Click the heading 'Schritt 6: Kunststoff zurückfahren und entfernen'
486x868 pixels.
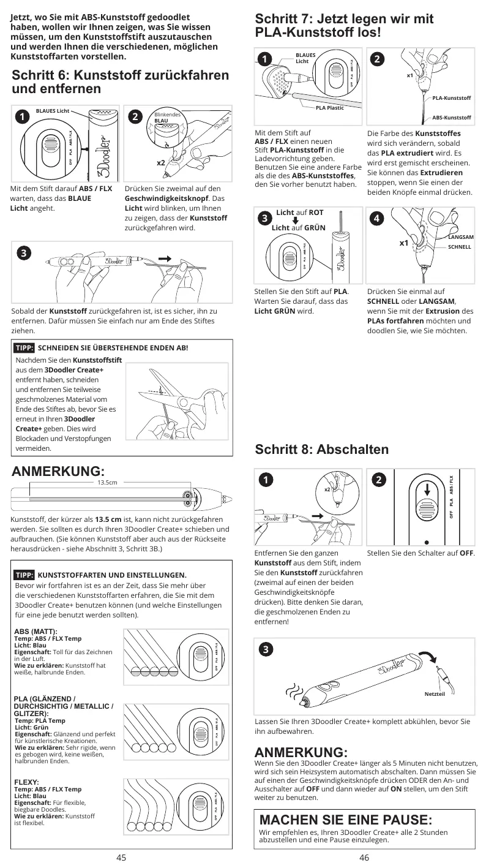(121, 82)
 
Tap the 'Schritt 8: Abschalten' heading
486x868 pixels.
(321, 449)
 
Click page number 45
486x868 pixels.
(121, 858)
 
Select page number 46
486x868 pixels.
(364, 858)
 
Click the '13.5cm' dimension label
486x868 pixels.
(107, 483)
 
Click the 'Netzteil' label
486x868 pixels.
(434, 694)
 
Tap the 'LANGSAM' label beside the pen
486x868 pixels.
(461, 236)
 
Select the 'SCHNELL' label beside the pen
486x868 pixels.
(460, 247)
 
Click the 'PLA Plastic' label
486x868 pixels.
(329, 108)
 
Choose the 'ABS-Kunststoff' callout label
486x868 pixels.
(452, 117)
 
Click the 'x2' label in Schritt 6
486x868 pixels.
(160, 163)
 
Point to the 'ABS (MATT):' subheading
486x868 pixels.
(36, 631)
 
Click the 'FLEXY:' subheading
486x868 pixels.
(26, 782)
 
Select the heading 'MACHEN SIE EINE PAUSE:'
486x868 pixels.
(346, 820)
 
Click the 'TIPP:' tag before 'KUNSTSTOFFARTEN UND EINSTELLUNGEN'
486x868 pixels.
(24, 575)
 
